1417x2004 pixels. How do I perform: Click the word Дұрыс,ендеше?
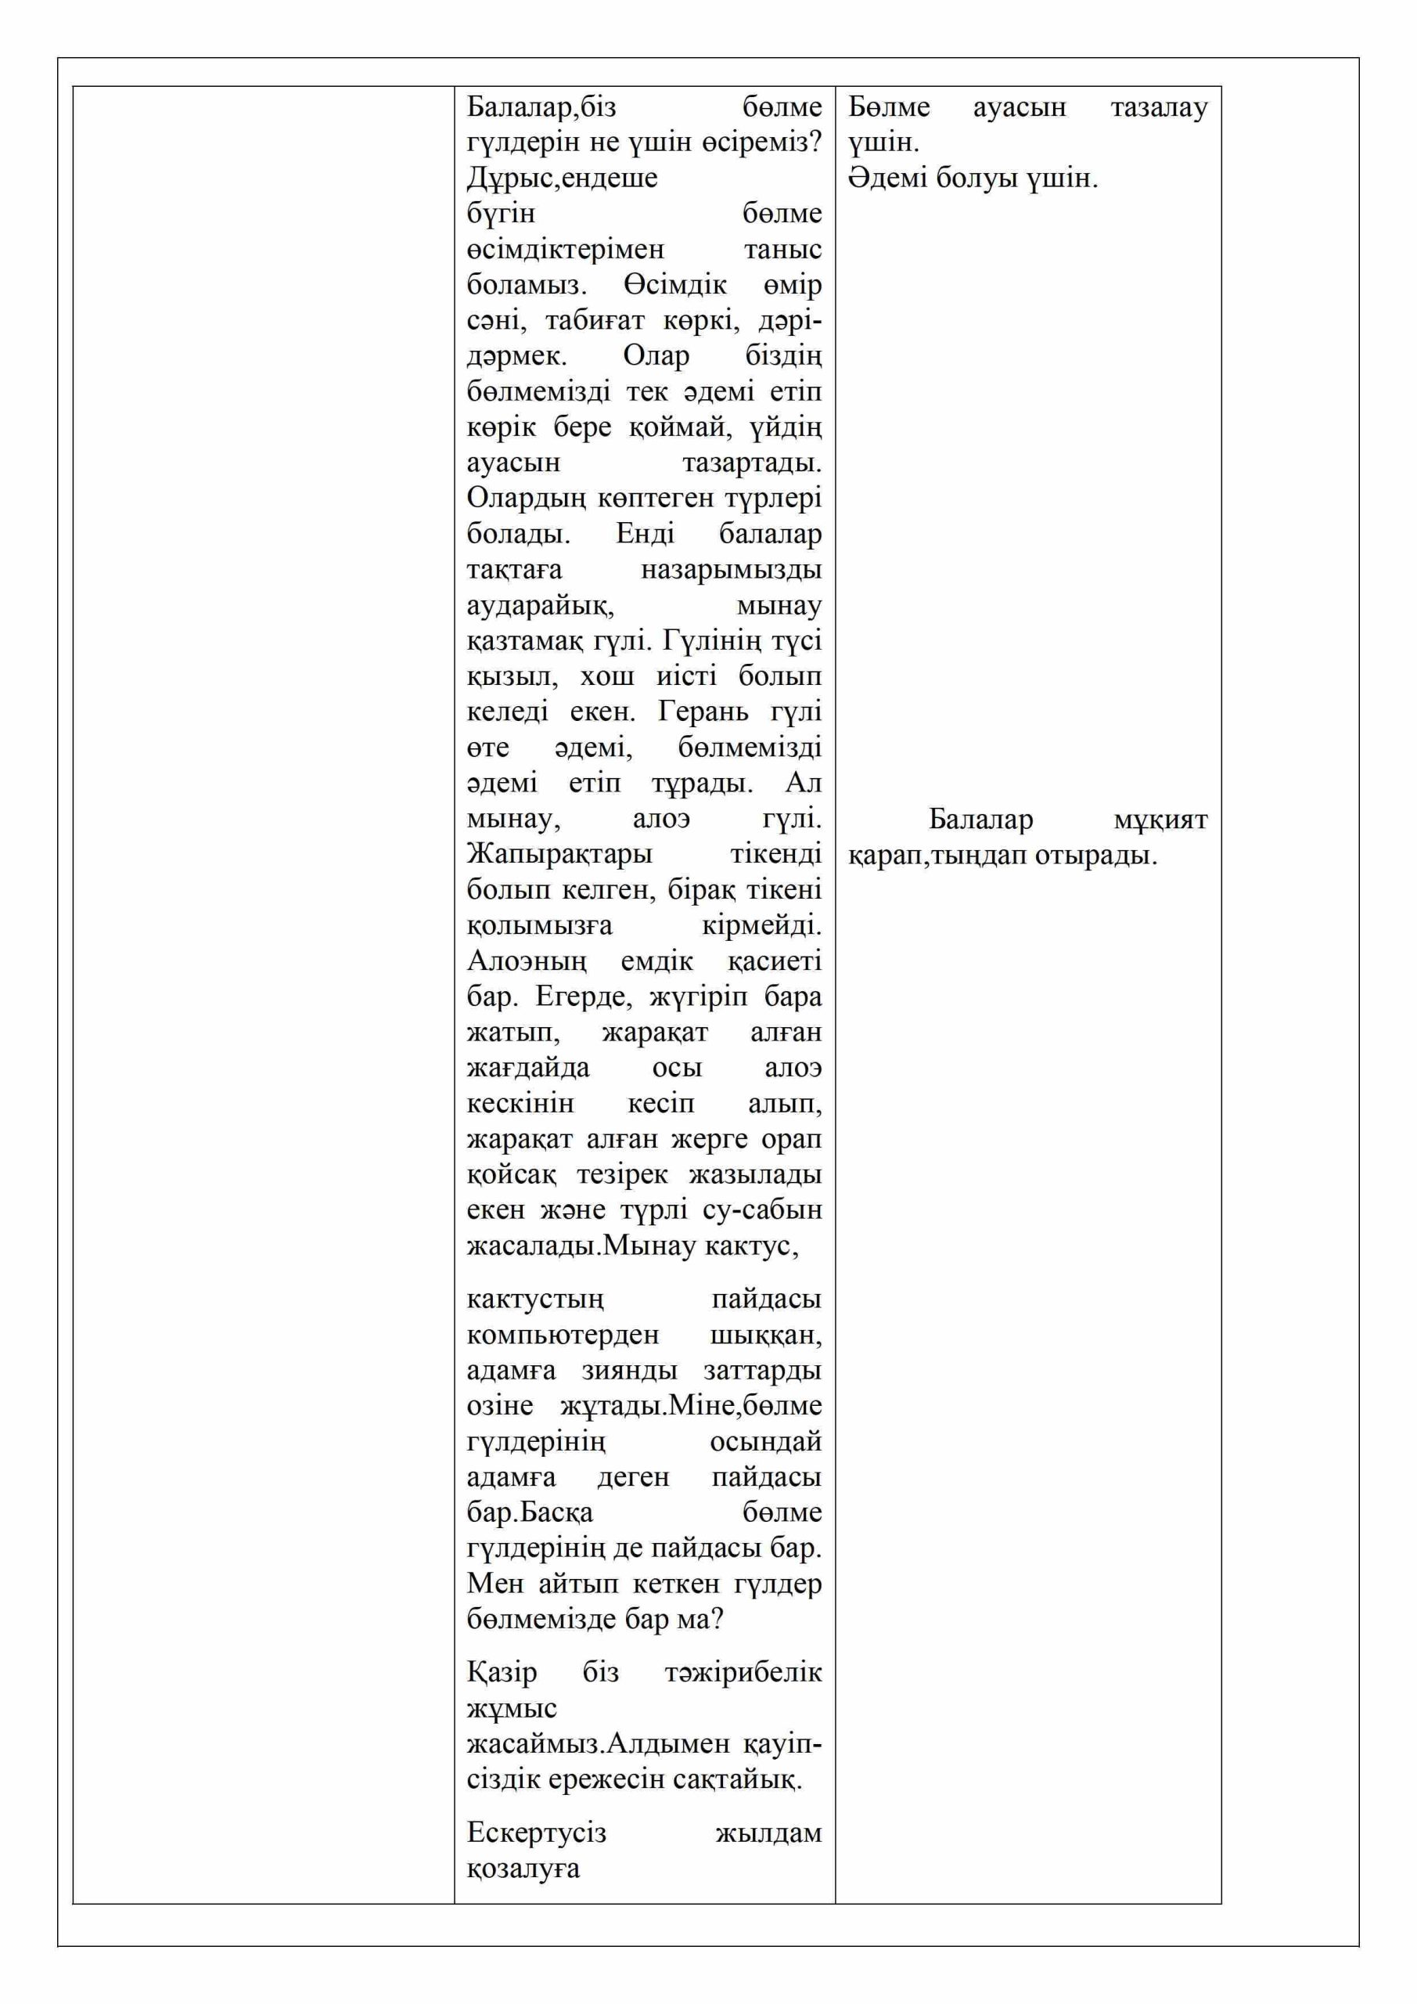[x=562, y=178]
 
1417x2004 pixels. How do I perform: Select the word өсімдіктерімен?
[x=566, y=250]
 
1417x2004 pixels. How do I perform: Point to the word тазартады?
[x=751, y=463]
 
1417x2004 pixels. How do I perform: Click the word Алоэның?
[x=526, y=962]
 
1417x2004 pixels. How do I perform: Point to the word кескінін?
[x=520, y=1104]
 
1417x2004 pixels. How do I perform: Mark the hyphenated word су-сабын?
[x=767, y=1210]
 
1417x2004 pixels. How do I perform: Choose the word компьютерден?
[x=563, y=1335]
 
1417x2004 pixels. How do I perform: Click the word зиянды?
[x=629, y=1371]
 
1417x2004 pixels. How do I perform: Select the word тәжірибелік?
[x=743, y=1672]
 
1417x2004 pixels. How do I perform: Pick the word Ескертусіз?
[x=536, y=1832]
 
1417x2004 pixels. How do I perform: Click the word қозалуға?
[x=523, y=1869]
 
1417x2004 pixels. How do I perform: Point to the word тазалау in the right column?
[x=1159, y=107]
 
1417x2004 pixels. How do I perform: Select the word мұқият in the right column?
[x=1160, y=820]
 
